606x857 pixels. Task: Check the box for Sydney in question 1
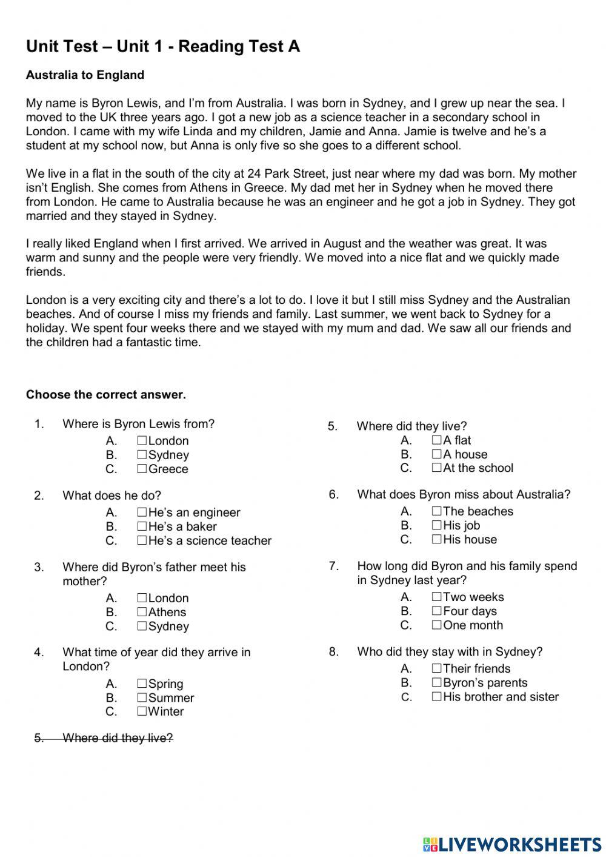[x=142, y=454]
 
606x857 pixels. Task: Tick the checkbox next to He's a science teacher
[x=142, y=540]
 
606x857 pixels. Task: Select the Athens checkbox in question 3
[x=142, y=611]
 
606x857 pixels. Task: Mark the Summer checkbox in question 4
[x=142, y=697]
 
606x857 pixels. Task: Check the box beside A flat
[x=436, y=440]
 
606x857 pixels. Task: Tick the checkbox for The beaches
[x=436, y=511]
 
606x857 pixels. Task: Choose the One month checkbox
[x=436, y=625]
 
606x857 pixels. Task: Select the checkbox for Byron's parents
[x=436, y=682]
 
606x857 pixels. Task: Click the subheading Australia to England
[x=85, y=75]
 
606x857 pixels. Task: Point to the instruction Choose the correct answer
[x=105, y=395]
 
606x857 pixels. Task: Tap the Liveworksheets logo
[x=511, y=844]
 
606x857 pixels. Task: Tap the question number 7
[x=333, y=566]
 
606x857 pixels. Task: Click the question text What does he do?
[x=112, y=496]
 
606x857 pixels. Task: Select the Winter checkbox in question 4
[x=142, y=711]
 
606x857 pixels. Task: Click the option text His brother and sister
[x=501, y=697]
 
